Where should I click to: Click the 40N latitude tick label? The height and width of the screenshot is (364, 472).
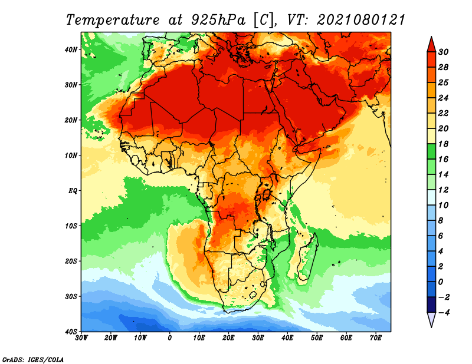coord(71,49)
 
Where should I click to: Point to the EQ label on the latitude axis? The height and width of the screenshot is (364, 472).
coord(73,191)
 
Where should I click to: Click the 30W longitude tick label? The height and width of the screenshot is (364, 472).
coord(81,338)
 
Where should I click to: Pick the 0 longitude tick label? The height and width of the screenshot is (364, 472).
coord(170,338)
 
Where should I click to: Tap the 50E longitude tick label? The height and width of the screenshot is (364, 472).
coord(317,338)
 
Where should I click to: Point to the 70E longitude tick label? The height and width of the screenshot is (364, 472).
coord(376,338)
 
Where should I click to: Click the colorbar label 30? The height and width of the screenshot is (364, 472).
coord(443,52)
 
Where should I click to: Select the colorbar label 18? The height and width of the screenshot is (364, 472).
coord(443,144)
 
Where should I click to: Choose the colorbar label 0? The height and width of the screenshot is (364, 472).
coord(441,282)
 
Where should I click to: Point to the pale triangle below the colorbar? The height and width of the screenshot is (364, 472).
coord(431,319)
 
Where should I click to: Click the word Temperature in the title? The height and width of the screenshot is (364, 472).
coord(113,20)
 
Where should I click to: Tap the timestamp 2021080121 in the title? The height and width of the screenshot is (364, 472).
coord(361,20)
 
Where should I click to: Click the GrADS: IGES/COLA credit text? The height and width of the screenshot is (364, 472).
coord(33,359)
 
